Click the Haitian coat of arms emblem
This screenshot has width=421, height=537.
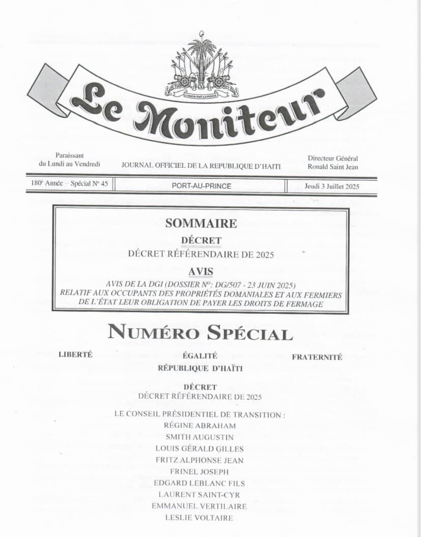pyautogui.click(x=202, y=66)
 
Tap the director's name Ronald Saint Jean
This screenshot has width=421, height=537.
pyautogui.click(x=333, y=167)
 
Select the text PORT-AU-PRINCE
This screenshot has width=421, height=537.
pyautogui.click(x=201, y=186)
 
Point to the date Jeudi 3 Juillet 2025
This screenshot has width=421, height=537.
pyautogui.click(x=332, y=186)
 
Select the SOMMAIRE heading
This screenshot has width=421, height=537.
pyautogui.click(x=201, y=223)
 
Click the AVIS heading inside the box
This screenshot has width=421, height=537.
pyautogui.click(x=201, y=272)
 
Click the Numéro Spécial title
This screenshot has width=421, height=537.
pyautogui.click(x=200, y=333)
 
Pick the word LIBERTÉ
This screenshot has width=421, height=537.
pyautogui.click(x=76, y=355)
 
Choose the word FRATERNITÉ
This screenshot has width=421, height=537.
pyautogui.click(x=317, y=357)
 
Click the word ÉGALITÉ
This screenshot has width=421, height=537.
pyautogui.click(x=200, y=356)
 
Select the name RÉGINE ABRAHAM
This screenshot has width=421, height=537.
pyautogui.click(x=200, y=426)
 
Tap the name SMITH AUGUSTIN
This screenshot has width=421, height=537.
pyautogui.click(x=200, y=437)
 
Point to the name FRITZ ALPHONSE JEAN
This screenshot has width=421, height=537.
pyautogui.click(x=200, y=460)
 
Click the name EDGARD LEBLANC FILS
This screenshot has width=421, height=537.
pyautogui.click(x=200, y=483)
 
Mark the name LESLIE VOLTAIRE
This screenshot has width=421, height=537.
pyautogui.click(x=199, y=518)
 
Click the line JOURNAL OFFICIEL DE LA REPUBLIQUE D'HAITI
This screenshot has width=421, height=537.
pyautogui.click(x=201, y=166)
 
